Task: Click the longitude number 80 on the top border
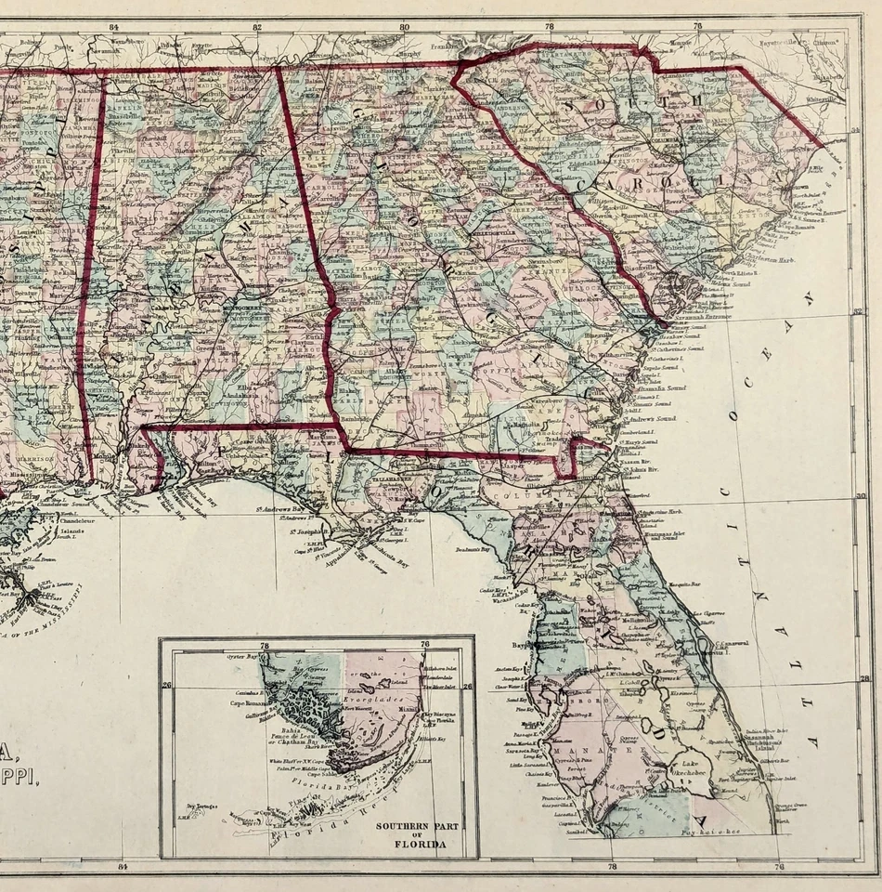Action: (x=405, y=27)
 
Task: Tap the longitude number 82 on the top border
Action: (x=257, y=27)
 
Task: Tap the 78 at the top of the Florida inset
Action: (x=265, y=645)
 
